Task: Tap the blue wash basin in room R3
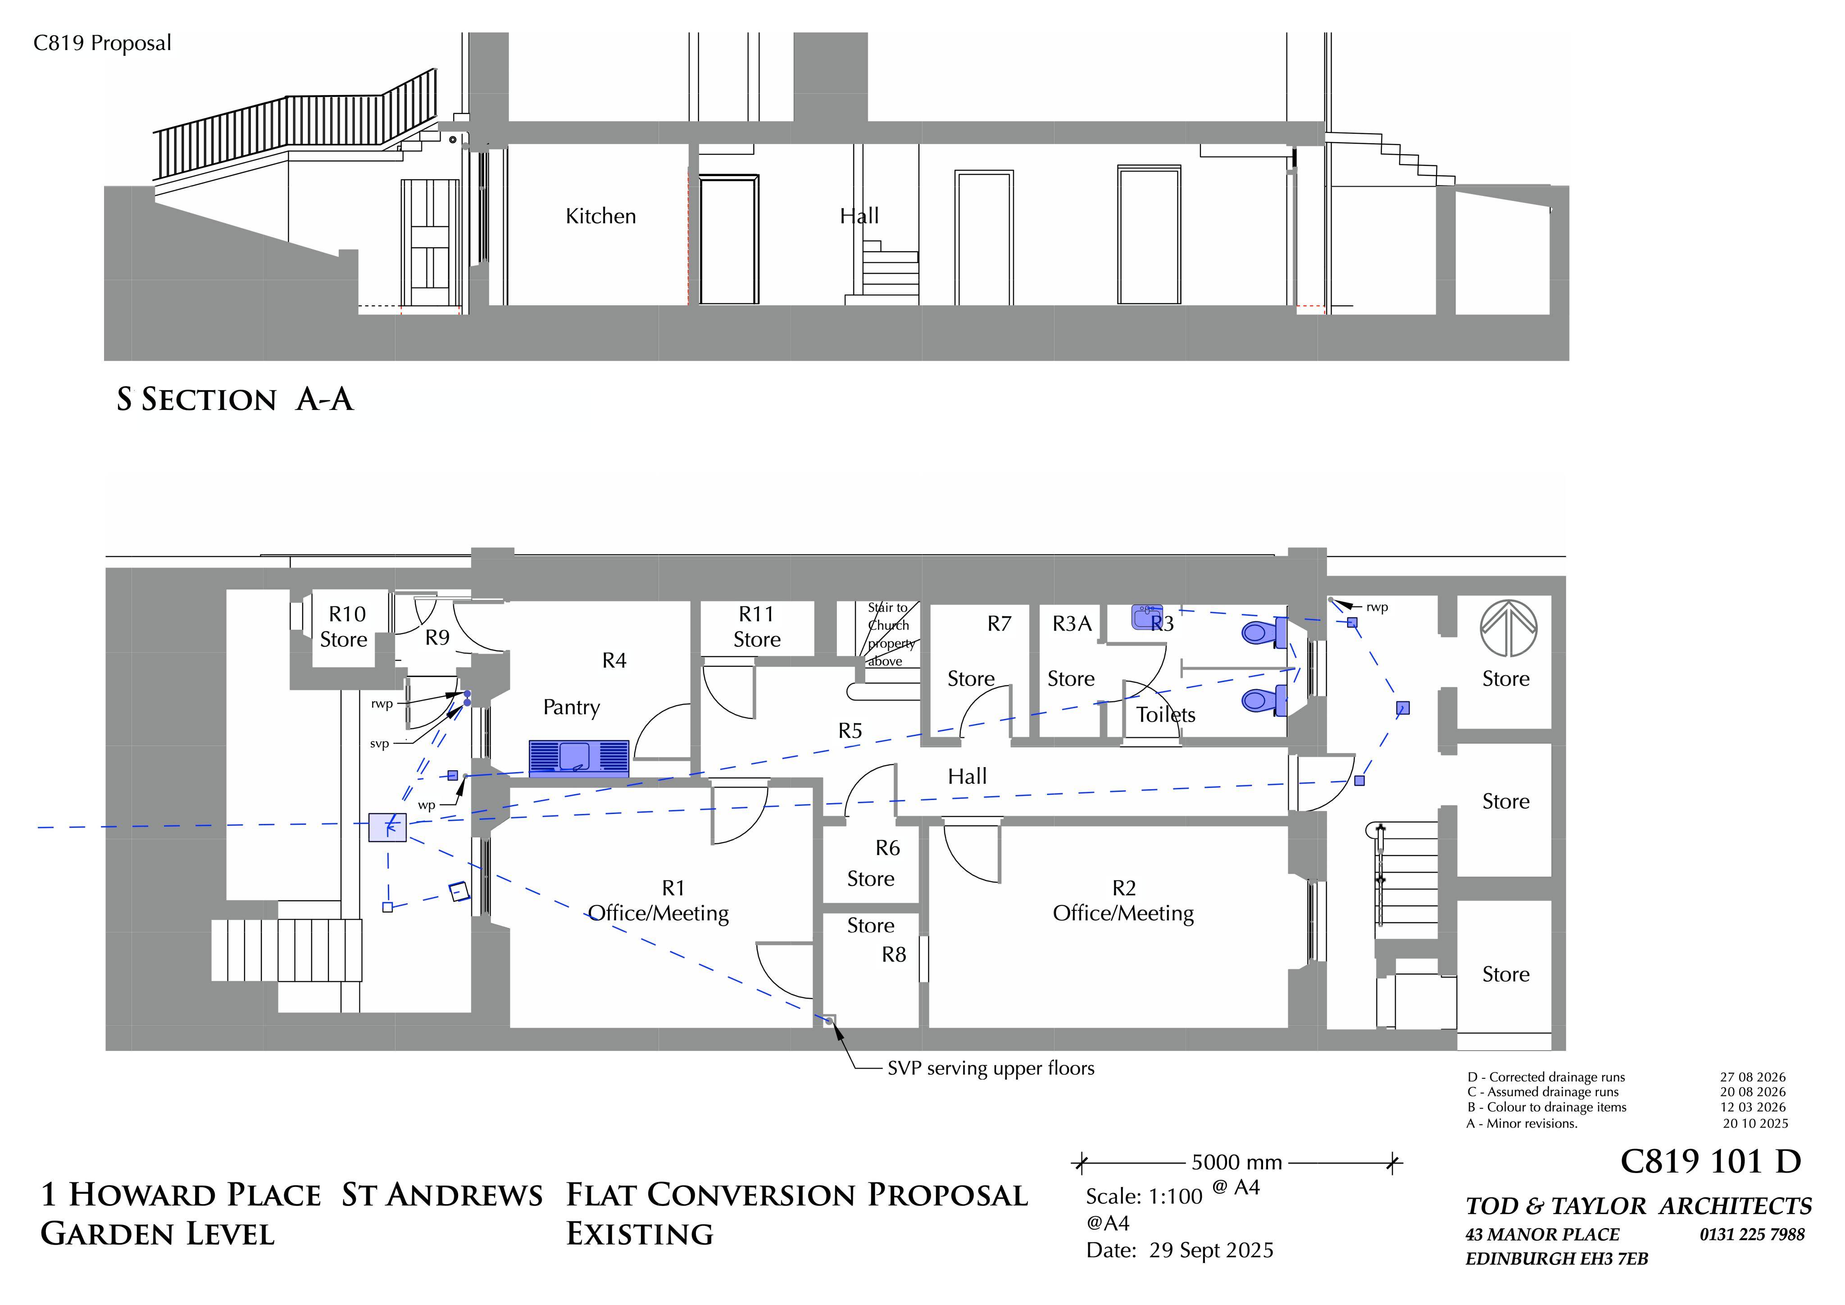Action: [x=1147, y=617]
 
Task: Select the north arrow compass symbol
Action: [x=1509, y=627]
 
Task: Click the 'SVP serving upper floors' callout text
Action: [x=991, y=1069]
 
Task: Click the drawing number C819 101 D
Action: [x=1710, y=1161]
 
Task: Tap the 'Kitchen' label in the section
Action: [x=600, y=216]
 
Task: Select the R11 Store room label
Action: [x=756, y=627]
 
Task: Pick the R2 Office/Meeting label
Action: [x=1123, y=901]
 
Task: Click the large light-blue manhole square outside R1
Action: [x=387, y=828]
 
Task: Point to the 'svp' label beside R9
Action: [x=379, y=744]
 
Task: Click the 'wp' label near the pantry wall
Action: [x=426, y=805]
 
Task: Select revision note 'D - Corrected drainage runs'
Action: [x=1546, y=1077]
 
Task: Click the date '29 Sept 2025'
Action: [x=1211, y=1250]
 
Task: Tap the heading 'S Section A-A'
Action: [x=235, y=400]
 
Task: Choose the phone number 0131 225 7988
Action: [x=1752, y=1234]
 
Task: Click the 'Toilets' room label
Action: [x=1165, y=714]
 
